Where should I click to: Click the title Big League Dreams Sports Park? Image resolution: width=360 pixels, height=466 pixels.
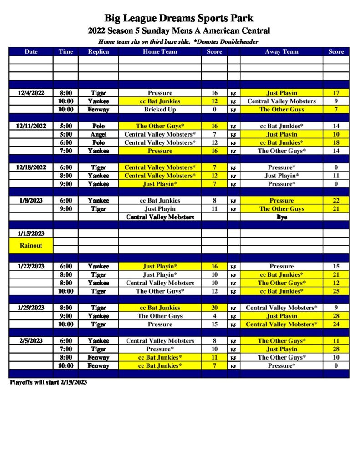[179, 19]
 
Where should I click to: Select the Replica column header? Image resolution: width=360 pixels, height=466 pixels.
[98, 51]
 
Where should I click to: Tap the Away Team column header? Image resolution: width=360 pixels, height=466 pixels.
[281, 51]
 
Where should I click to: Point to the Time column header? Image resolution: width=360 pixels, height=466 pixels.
[66, 51]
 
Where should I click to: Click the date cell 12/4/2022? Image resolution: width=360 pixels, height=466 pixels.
[31, 93]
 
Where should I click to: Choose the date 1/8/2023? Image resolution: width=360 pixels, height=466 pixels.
[31, 200]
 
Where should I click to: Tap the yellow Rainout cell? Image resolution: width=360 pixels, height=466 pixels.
[31, 245]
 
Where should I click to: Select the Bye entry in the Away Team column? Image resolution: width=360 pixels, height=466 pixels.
[281, 217]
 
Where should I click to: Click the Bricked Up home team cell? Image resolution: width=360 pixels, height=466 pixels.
[160, 110]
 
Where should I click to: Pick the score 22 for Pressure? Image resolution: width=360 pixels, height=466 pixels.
[336, 200]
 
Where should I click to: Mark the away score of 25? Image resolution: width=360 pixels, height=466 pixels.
[336, 291]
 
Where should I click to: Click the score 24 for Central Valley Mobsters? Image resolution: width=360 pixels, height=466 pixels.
[336, 324]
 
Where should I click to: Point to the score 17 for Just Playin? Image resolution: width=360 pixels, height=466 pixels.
[336, 93]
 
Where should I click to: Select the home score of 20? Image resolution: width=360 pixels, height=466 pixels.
[214, 308]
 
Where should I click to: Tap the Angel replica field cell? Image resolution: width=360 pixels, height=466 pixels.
[98, 134]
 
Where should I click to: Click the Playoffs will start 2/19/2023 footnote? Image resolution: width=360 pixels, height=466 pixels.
[48, 382]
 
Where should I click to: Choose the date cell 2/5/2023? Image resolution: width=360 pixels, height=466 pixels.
[31, 341]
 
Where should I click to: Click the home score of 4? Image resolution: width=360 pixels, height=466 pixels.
[214, 316]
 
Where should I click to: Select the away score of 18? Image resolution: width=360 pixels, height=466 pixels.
[336, 142]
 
